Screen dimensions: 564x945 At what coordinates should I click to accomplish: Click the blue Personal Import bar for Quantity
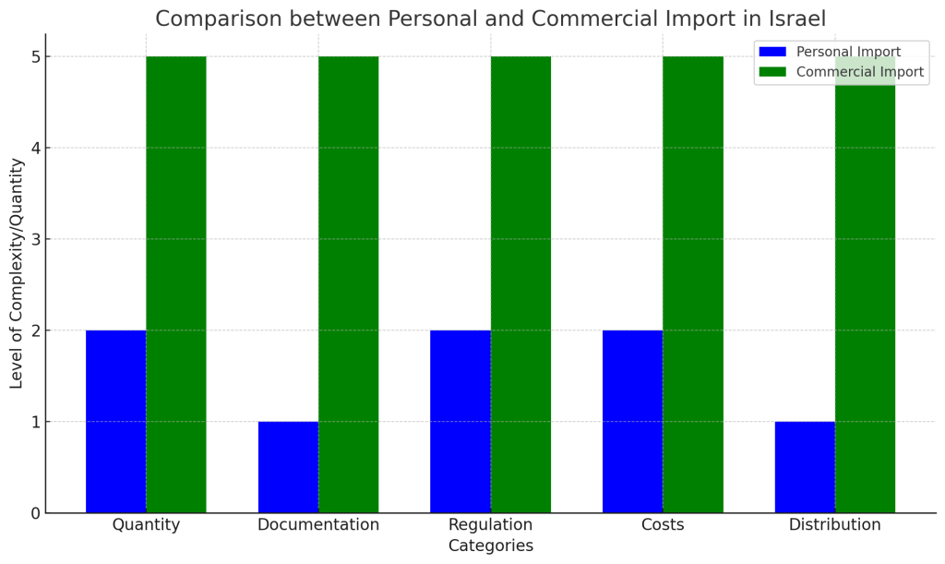click(x=115, y=421)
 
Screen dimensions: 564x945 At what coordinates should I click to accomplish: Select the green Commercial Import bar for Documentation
click(x=348, y=284)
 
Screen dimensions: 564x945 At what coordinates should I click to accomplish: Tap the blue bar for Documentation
click(x=288, y=467)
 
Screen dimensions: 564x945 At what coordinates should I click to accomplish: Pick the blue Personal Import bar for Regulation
click(x=460, y=421)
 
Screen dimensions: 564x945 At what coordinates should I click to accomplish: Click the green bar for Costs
click(x=693, y=284)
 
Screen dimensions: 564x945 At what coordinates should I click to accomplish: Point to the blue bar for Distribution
click(x=805, y=467)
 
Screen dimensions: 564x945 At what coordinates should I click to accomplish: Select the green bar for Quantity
click(x=176, y=284)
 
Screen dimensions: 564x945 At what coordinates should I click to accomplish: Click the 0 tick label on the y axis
click(x=34, y=513)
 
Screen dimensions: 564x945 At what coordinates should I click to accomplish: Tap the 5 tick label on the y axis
click(x=34, y=57)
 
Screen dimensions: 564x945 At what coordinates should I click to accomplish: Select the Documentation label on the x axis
click(x=318, y=525)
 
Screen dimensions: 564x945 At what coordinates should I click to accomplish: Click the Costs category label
click(x=663, y=525)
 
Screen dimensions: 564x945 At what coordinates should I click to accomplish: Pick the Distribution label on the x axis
click(x=834, y=525)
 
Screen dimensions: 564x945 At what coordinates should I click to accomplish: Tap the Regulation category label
click(x=490, y=525)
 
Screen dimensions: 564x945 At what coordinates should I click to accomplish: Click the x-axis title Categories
click(x=490, y=546)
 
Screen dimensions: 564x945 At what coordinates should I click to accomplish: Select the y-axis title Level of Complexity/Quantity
click(x=17, y=273)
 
